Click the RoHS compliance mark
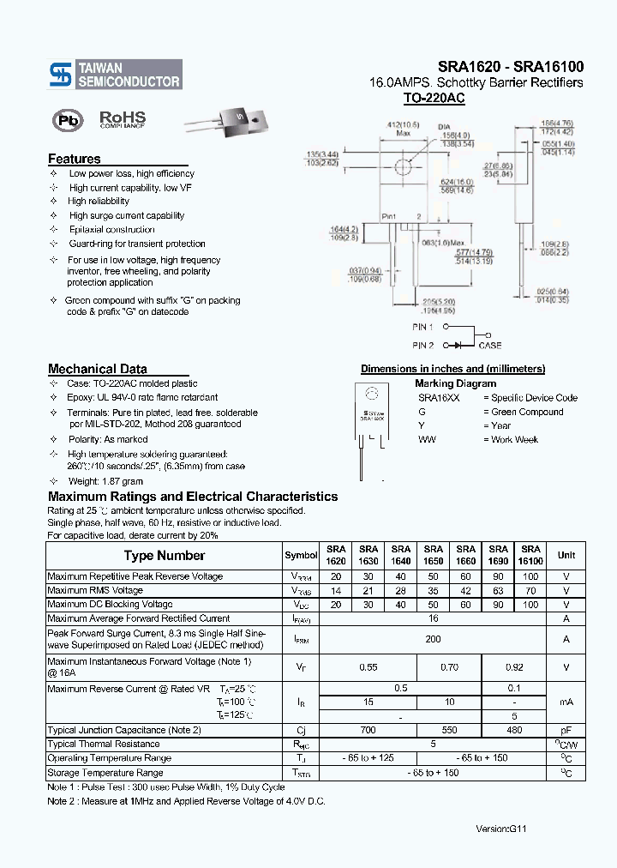[123, 119]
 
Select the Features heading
[75, 159]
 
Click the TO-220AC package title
[434, 99]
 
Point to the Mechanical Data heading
[97, 369]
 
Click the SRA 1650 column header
[434, 554]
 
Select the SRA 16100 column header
[530, 554]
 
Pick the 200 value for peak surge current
[434, 639]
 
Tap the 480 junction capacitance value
[515, 730]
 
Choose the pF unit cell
[566, 730]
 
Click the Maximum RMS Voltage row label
[95, 590]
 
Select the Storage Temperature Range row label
[105, 773]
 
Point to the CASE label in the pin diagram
[490, 346]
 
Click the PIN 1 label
[422, 327]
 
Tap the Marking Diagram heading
[455, 383]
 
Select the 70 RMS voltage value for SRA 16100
[530, 591]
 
